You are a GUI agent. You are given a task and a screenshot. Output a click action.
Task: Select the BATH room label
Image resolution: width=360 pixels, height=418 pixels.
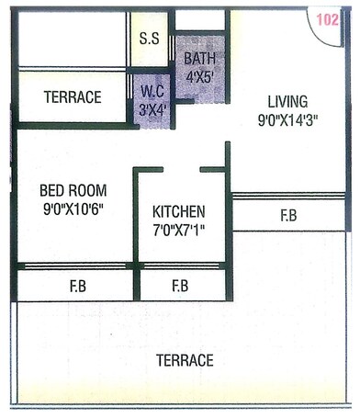pos(200,59)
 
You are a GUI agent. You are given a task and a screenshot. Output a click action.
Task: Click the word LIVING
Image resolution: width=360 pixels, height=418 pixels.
pos(288,101)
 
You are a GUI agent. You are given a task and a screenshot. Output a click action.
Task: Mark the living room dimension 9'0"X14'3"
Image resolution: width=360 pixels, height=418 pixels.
pos(288,119)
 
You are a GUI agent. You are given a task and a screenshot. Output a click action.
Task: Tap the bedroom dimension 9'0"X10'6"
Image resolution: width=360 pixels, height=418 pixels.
pos(73,209)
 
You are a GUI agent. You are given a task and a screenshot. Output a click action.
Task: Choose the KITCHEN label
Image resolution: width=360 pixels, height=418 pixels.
pos(179,211)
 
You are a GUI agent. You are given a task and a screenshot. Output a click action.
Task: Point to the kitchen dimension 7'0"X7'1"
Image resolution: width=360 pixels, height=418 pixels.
pos(179,229)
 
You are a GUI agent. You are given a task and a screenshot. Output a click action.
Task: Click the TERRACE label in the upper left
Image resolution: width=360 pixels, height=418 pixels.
pos(73,97)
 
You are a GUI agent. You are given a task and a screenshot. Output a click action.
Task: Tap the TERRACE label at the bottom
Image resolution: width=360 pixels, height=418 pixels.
pos(185,360)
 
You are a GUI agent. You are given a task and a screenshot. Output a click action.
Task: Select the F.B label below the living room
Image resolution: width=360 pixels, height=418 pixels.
pos(288,217)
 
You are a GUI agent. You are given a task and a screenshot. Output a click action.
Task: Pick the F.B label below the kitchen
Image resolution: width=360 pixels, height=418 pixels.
pos(180,287)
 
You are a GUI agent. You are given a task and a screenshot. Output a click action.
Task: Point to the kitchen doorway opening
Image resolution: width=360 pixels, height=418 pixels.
pos(181,170)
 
